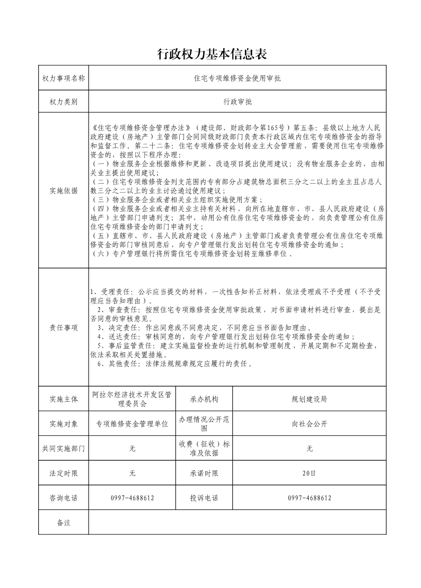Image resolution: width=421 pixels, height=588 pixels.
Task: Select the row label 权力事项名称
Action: point(63,78)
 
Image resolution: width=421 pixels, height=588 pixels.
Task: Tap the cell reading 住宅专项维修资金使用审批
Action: point(237,78)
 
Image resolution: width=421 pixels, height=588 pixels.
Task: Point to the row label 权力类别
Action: point(63,102)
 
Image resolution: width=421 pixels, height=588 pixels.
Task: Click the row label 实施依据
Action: point(63,191)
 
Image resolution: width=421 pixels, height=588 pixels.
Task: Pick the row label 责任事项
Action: point(63,327)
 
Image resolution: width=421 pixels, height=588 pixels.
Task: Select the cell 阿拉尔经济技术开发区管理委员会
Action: point(132,399)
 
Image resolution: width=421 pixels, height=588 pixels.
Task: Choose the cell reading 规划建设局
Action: point(310,399)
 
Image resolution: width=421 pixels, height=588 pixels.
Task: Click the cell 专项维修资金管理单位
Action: point(132,424)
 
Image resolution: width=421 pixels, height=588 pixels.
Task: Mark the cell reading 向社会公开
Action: point(310,424)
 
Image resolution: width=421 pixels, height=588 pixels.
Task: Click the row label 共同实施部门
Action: point(63,448)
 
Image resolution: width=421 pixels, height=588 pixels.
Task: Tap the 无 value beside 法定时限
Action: point(132,473)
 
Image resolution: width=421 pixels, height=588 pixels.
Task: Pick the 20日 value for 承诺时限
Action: point(310,473)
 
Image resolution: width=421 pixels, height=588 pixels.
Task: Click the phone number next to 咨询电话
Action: point(132,498)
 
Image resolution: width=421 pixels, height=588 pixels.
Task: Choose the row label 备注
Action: point(63,523)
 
